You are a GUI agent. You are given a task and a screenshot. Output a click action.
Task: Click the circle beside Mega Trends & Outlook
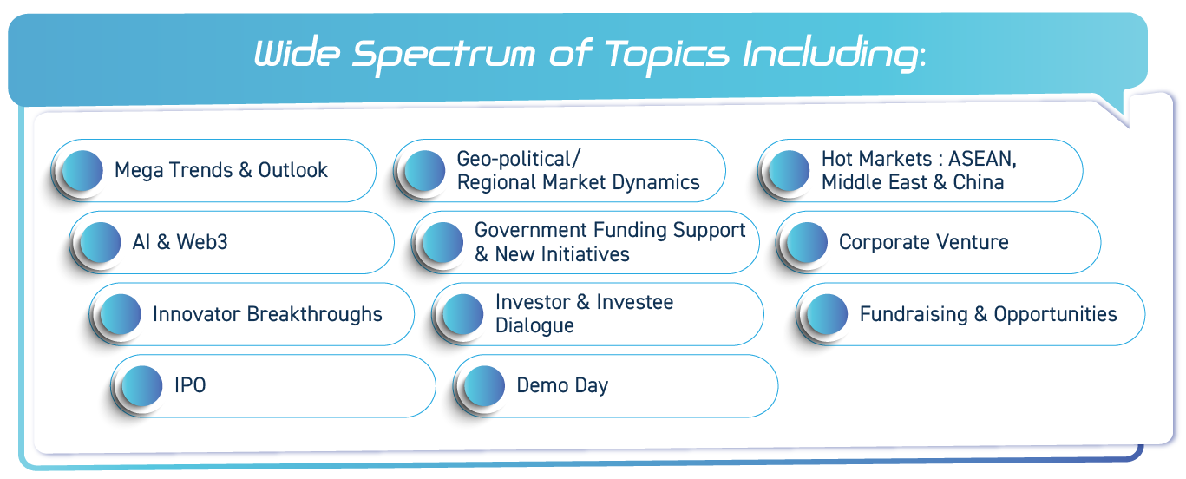[x=82, y=170]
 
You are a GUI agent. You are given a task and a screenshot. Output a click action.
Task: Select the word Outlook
[x=292, y=170]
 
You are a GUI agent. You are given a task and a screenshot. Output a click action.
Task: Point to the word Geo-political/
[x=519, y=159]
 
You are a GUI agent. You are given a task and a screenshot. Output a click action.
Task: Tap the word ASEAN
[x=982, y=159]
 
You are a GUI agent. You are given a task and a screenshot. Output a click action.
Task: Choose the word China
[x=979, y=182]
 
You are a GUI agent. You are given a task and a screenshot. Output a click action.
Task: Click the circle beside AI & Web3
[x=101, y=242]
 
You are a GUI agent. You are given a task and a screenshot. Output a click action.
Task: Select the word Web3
[x=202, y=242]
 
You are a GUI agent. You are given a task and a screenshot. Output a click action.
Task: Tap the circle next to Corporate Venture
[x=807, y=242]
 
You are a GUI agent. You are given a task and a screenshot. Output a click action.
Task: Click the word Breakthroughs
[x=314, y=314]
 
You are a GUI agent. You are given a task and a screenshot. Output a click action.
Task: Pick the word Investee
[x=635, y=302]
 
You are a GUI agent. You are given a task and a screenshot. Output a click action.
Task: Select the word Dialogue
[x=534, y=326]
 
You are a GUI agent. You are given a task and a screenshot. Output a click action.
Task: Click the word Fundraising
[x=914, y=314]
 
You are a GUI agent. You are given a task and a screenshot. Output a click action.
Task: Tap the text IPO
[x=190, y=385]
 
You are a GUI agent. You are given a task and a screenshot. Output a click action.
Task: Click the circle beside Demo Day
[x=485, y=386]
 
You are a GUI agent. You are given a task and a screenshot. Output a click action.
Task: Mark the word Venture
[x=973, y=242]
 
